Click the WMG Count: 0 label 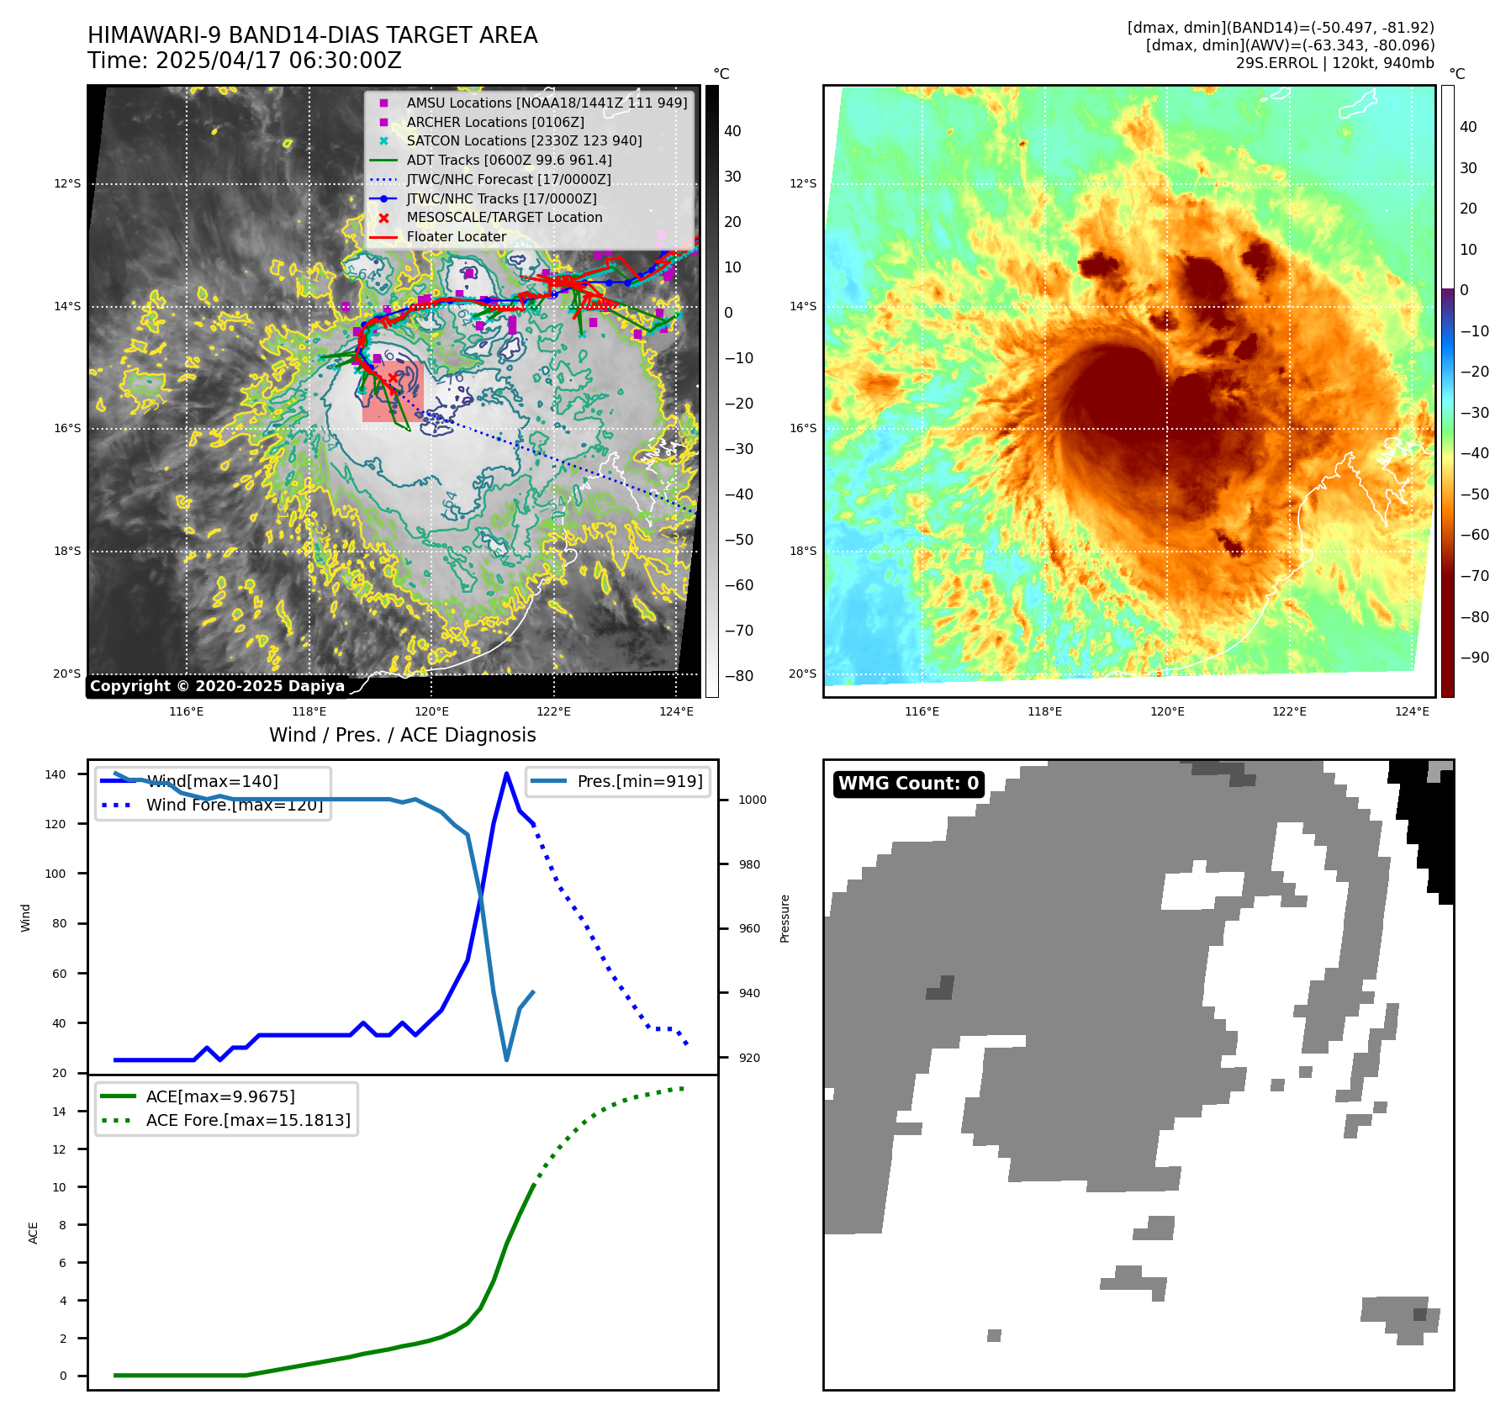[908, 784]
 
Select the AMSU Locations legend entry [547, 103]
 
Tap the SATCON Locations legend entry [524, 140]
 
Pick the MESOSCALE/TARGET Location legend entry [505, 217]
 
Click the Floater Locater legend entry [457, 236]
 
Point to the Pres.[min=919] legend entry [640, 781]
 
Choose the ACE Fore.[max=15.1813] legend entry [248, 1120]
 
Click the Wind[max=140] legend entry [212, 781]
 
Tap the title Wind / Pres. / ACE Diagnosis [402, 735]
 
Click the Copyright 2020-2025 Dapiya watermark [217, 686]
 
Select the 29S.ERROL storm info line [1334, 63]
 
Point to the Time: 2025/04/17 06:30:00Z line [245, 61]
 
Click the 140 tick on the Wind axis [55, 774]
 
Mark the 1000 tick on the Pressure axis [752, 800]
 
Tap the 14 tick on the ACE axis [60, 1112]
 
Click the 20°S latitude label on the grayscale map [67, 674]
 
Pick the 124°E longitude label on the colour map [1412, 711]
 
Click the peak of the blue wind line [506, 774]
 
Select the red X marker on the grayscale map [393, 379]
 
